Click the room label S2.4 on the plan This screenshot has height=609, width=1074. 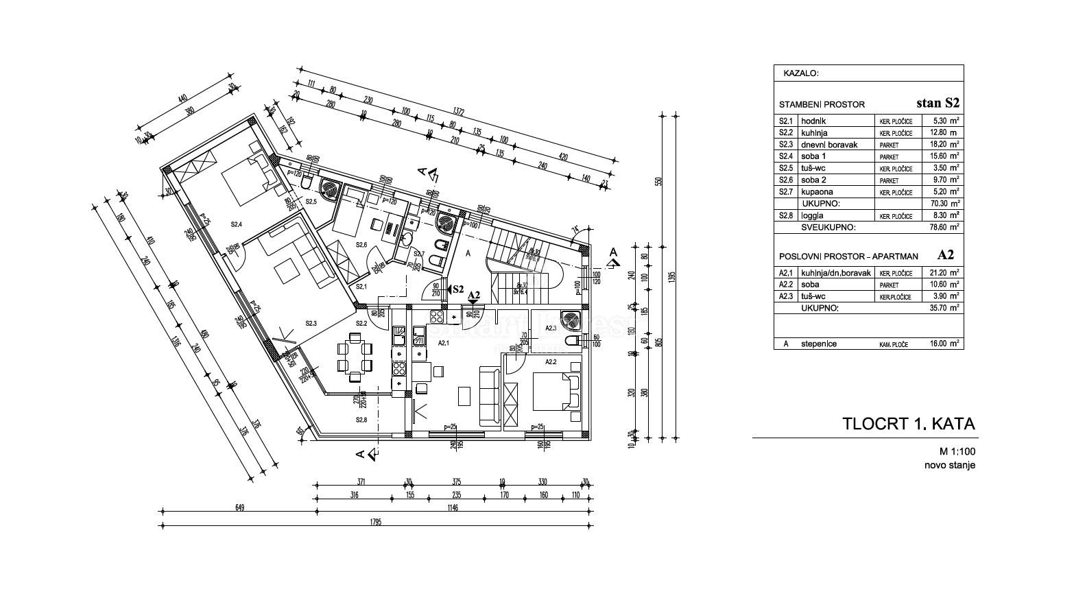tap(237, 224)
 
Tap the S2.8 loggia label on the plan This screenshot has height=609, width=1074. tap(361, 420)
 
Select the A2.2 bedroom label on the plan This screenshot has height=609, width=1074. tap(551, 361)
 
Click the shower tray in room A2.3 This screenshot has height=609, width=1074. tap(571, 319)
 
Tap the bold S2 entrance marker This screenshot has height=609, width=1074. tap(457, 289)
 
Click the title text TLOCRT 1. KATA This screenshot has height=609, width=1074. tap(908, 424)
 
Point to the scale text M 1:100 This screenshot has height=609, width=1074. tap(957, 451)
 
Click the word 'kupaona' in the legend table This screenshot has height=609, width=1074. tap(814, 192)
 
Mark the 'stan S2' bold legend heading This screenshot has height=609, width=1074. tap(938, 104)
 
